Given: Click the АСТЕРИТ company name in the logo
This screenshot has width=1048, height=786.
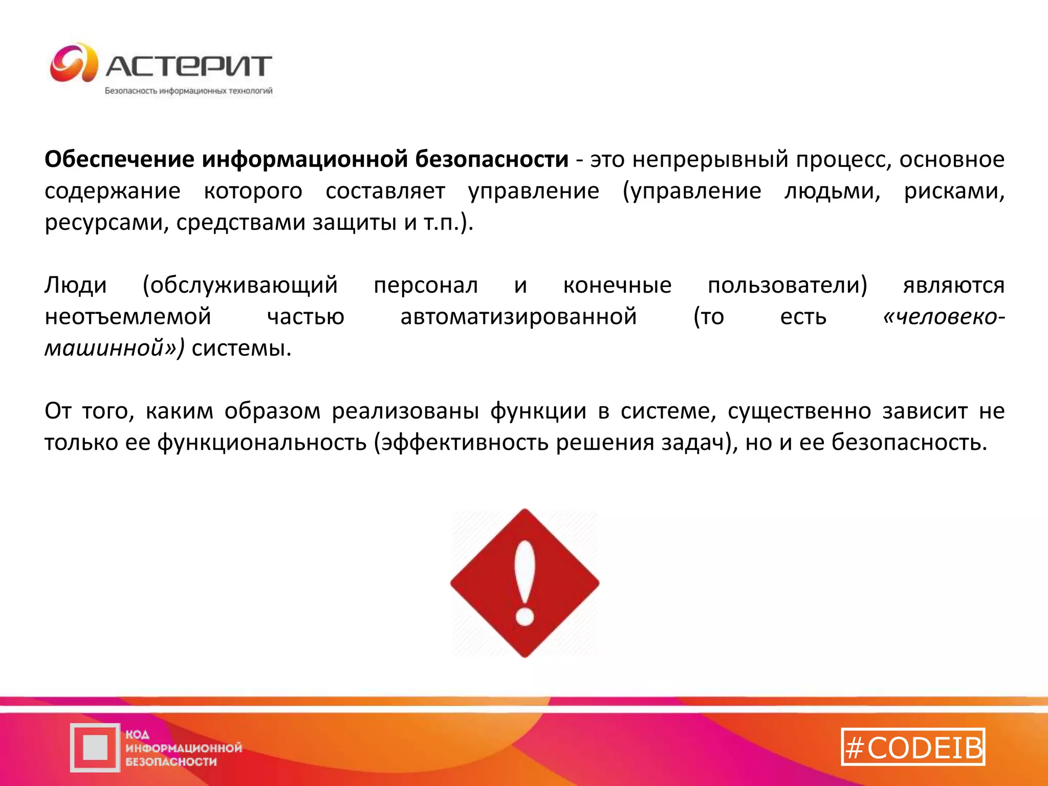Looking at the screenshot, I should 188,66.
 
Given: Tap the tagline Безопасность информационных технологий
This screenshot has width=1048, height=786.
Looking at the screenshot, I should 188,91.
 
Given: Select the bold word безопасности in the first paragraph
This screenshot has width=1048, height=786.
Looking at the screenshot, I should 491,159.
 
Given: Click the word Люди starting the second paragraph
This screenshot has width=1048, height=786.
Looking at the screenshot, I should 76,285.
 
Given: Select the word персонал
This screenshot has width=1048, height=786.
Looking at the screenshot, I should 426,285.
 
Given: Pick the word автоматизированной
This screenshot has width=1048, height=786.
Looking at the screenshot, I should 518,317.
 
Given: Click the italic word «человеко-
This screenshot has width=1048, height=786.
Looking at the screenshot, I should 944,317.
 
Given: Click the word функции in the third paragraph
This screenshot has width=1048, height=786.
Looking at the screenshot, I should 538,411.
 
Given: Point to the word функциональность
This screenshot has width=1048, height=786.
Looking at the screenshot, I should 261,443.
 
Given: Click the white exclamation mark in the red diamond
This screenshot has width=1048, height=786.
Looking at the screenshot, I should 525,573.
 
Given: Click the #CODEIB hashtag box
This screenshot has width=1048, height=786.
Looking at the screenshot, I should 913,747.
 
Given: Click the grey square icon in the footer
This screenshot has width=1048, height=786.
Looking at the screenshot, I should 95,748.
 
